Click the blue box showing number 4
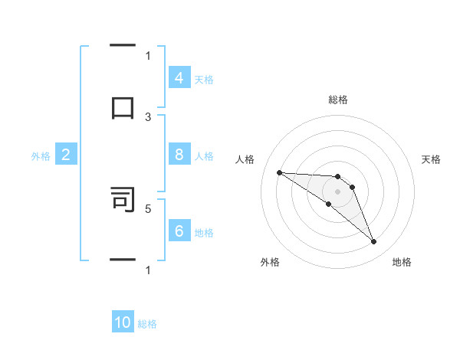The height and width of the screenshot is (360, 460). tap(179, 78)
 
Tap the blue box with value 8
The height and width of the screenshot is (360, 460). tap(179, 155)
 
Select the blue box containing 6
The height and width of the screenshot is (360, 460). tap(179, 231)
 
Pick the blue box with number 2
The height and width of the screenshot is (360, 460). tap(66, 155)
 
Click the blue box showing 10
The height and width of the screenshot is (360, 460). tap(123, 322)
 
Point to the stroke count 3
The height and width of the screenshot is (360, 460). tap(148, 117)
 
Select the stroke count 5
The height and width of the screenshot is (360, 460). tap(148, 208)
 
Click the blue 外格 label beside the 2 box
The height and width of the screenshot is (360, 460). tap(41, 156)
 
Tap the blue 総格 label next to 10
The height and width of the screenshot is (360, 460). tap(147, 324)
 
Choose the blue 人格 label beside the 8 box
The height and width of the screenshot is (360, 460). tap(204, 155)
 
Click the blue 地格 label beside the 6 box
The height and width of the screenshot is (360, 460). tap(204, 232)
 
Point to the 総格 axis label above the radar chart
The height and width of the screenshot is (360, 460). tap(337, 100)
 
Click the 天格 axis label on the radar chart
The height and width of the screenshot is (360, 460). tap(431, 159)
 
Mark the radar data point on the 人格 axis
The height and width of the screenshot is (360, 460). tap(279, 172)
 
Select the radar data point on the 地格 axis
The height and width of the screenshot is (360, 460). tap(373, 242)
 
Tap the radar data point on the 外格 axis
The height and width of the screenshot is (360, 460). tap(328, 204)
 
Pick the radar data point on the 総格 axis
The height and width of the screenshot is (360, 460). tap(337, 177)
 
